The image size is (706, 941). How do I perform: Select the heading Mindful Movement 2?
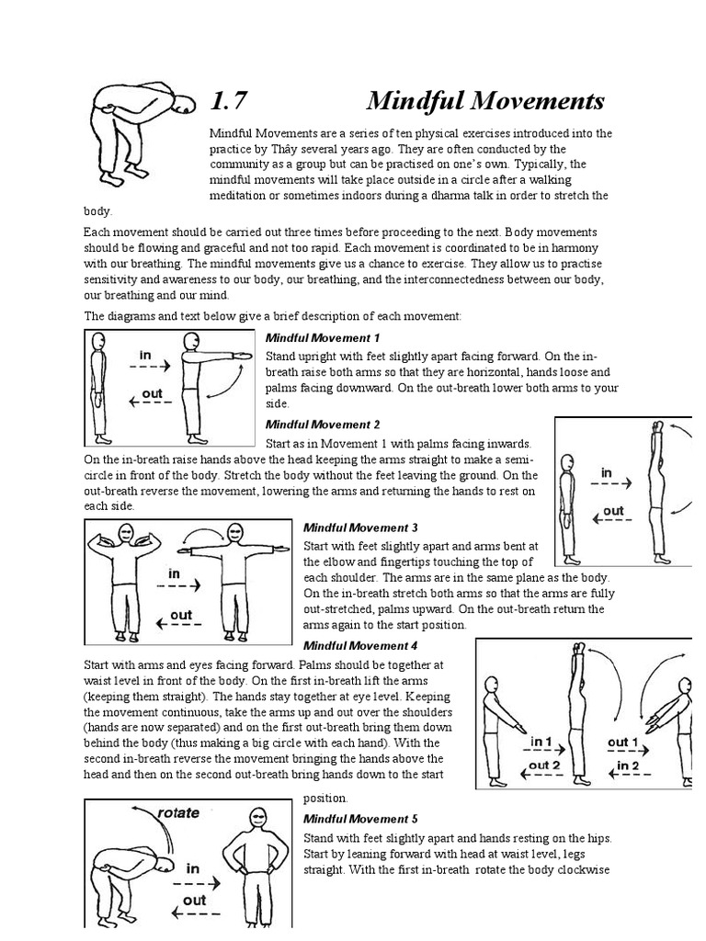(322, 425)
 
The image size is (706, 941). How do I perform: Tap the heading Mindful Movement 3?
(360, 527)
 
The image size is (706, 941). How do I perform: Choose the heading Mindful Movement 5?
(360, 819)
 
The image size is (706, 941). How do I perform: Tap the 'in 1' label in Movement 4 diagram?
(540, 742)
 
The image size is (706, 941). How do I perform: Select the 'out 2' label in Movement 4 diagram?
(544, 765)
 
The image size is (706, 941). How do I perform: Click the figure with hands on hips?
(258, 864)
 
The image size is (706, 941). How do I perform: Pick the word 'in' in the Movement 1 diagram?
(145, 355)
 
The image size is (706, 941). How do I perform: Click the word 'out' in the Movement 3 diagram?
(180, 615)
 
